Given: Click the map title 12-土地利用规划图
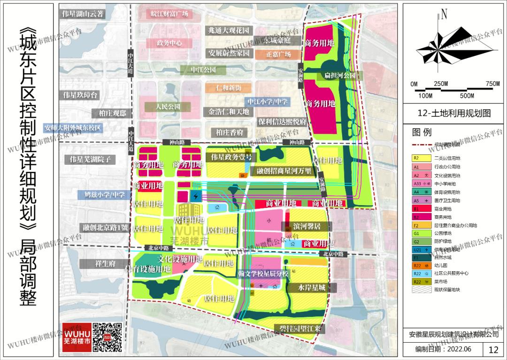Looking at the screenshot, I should point(453,113).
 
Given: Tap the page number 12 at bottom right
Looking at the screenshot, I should point(493,350).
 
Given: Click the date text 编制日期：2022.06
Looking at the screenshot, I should point(443,350).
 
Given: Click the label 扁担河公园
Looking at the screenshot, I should point(339,76).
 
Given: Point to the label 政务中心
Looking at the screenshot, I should point(169,43).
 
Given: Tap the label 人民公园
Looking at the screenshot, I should point(169,107).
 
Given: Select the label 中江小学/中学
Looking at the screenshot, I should point(268,101).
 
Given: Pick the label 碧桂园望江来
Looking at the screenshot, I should point(298,329).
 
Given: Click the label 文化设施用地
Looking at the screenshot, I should point(180,259).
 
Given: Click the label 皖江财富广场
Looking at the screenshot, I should point(169,14).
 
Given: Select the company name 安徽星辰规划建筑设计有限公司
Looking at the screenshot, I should point(453,334).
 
